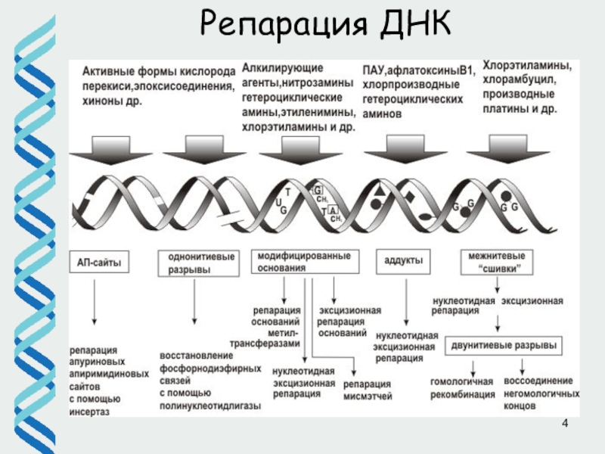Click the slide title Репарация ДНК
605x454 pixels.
click(324, 26)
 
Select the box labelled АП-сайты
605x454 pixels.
click(99, 263)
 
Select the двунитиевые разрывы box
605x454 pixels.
click(503, 345)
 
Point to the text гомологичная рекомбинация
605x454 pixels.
click(461, 388)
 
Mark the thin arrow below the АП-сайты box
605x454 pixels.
click(95, 306)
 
